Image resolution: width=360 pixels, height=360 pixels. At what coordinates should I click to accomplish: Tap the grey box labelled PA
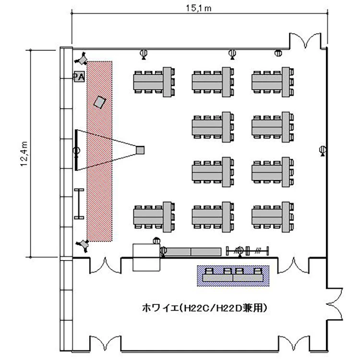(79, 77)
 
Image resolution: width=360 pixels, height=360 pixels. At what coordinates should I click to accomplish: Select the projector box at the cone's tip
(140, 150)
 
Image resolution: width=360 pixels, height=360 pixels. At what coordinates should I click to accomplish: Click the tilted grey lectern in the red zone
(100, 102)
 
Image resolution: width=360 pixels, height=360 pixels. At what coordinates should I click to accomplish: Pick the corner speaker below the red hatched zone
(84, 245)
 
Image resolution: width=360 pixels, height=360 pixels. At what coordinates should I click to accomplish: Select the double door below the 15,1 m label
(307, 41)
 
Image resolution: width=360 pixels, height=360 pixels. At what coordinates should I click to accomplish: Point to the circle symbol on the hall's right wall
(323, 151)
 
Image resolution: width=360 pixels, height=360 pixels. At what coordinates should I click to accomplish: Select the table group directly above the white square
(153, 214)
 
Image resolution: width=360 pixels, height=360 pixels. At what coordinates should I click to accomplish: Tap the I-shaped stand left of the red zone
(78, 204)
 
